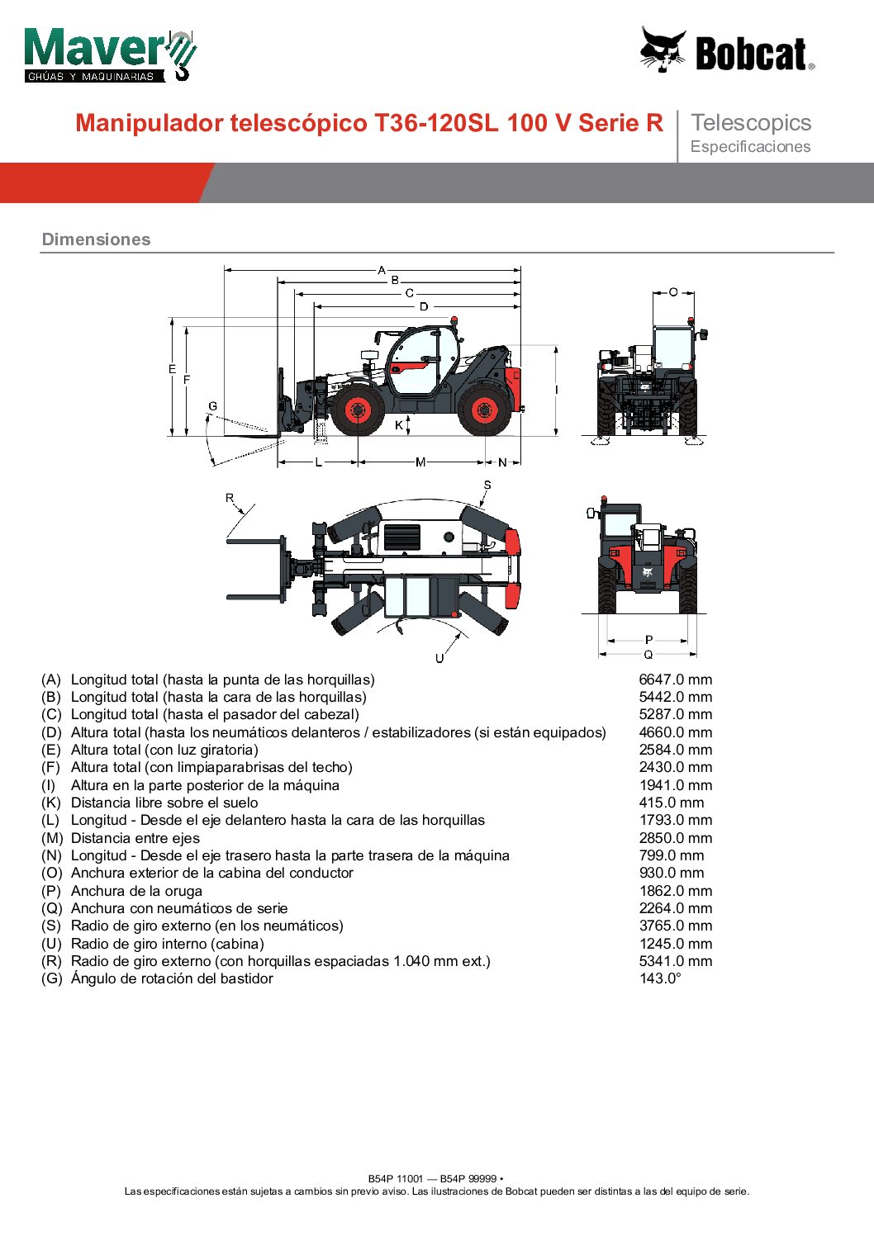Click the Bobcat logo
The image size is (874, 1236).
tap(728, 51)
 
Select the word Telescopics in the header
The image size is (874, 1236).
tap(751, 123)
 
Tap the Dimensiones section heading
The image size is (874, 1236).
tap(97, 239)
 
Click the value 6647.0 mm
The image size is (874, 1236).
tap(675, 680)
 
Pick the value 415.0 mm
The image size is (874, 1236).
tap(672, 803)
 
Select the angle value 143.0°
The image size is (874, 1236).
tap(660, 978)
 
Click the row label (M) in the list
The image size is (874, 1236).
tap(52, 838)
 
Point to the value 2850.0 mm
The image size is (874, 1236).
tap(675, 838)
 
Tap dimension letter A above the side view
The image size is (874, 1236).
tap(382, 270)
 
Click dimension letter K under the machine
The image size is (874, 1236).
tap(399, 425)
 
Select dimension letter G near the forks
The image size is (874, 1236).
tap(212, 406)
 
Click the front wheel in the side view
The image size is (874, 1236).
tap(359, 410)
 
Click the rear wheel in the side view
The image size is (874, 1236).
tap(484, 410)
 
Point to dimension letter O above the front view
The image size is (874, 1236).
tap(673, 292)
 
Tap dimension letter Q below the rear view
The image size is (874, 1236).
tap(648, 655)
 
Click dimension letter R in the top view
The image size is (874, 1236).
tap(230, 498)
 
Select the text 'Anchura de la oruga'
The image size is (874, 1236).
tap(136, 891)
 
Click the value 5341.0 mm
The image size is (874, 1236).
tap(675, 961)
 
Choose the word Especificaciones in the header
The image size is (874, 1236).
tap(750, 147)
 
